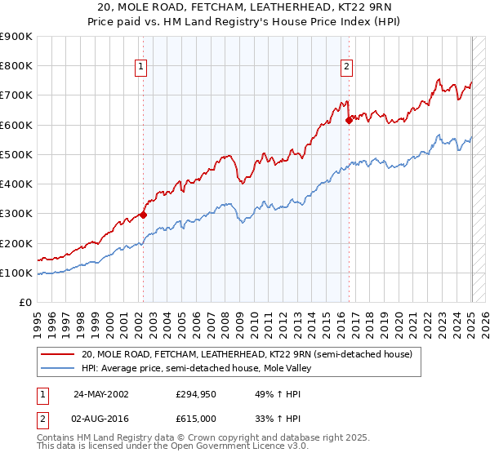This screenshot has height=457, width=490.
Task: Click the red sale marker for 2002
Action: tap(143, 215)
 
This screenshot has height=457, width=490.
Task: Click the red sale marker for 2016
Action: tap(349, 120)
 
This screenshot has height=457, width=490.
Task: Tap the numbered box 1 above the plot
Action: tap(142, 68)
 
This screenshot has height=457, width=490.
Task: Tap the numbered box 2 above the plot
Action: tap(347, 68)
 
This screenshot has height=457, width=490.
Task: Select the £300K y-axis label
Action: tap(16, 214)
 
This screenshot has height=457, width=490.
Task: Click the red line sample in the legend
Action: tap(58, 355)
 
